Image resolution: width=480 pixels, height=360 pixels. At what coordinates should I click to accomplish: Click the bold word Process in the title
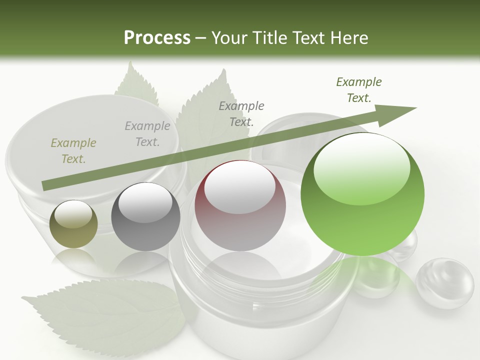pos(157,38)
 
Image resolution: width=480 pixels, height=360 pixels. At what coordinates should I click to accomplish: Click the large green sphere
pos(362,195)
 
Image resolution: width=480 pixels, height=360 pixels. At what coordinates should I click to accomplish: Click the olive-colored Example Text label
pos(73,151)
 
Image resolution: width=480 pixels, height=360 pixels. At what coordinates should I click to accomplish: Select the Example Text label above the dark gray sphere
pos(147,134)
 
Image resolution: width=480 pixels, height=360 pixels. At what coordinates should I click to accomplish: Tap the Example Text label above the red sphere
pos(241,113)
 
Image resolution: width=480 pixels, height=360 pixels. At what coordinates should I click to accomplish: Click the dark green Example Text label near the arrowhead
pos(358,90)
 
